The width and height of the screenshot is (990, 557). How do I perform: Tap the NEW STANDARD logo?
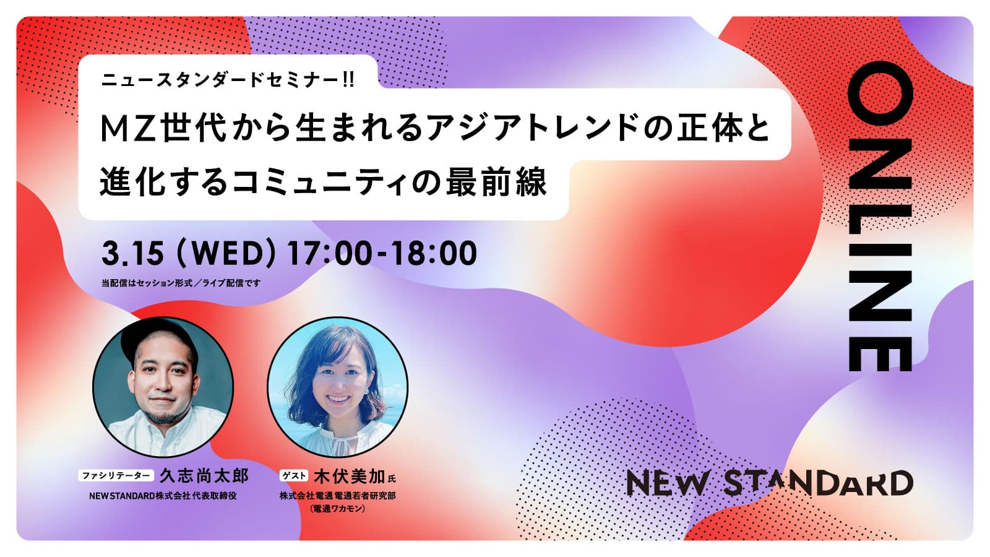tap(770, 483)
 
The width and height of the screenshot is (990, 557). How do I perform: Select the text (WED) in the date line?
tap(226, 254)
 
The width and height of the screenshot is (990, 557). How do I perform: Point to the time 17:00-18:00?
tap(382, 254)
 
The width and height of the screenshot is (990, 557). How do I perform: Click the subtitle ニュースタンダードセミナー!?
tap(228, 80)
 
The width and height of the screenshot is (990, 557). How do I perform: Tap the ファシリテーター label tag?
tap(116, 476)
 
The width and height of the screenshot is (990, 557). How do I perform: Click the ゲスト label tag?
tap(294, 476)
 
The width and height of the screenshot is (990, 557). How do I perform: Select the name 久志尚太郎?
tap(204, 476)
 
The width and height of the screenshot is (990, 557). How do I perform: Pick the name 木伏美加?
tap(349, 477)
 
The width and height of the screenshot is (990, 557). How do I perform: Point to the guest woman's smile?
tap(338, 399)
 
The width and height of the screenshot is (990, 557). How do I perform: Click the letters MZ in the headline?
tap(129, 129)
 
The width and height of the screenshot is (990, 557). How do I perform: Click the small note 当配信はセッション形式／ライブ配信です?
tap(181, 283)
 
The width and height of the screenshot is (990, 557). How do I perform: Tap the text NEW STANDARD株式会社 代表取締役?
tap(163, 496)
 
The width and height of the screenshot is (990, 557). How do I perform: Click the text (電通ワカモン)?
tap(338, 509)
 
